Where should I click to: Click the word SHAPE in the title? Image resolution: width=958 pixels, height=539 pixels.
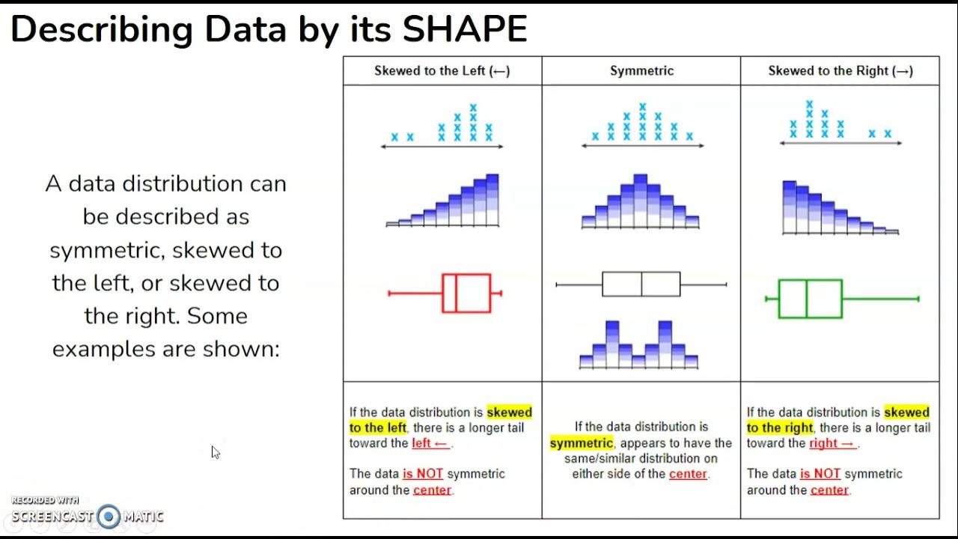point(465,30)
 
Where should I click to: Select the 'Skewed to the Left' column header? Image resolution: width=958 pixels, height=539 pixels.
point(442,71)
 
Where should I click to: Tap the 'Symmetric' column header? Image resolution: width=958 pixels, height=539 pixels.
point(641,71)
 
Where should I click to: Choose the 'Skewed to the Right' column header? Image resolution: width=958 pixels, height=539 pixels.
point(840,71)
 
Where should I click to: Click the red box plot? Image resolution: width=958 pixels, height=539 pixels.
point(466,293)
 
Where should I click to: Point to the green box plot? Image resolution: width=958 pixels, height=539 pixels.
point(811,299)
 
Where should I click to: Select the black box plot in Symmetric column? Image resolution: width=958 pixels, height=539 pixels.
point(641,284)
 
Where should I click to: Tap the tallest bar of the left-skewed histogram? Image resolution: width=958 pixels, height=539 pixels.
point(492,200)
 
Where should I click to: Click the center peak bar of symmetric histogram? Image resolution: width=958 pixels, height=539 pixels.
point(640,201)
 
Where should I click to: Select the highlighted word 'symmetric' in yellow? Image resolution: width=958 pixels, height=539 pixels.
point(581,442)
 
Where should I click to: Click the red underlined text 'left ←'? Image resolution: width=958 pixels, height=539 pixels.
point(430,443)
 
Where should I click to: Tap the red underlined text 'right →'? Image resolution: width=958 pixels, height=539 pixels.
point(831,443)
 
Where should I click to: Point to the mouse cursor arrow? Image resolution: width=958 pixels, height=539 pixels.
point(215,451)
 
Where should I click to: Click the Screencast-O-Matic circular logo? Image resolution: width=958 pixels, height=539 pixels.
point(109,516)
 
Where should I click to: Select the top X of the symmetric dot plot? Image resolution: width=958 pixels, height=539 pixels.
point(642,107)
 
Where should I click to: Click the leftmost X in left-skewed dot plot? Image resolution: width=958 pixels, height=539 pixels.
point(394,137)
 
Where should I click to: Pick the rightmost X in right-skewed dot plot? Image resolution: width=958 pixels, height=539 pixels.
point(888,134)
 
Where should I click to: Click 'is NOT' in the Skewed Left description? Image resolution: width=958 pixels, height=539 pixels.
point(423,474)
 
